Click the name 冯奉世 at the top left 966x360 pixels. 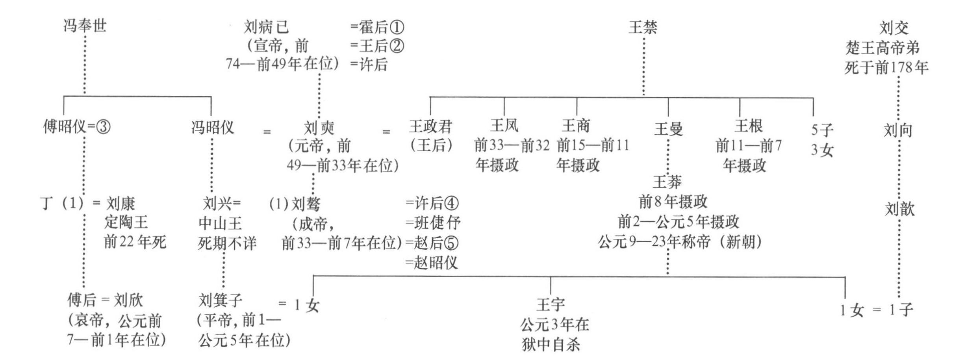pyautogui.click(x=85, y=26)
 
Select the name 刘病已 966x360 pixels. pyautogui.click(x=266, y=27)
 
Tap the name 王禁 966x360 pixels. pyautogui.click(x=643, y=28)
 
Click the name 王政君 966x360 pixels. pyautogui.click(x=430, y=127)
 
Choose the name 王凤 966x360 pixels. pyautogui.click(x=504, y=126)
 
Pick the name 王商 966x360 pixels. pyautogui.click(x=576, y=126)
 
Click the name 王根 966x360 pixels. pyautogui.click(x=749, y=126)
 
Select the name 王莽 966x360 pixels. pyautogui.click(x=667, y=182)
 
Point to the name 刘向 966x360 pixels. pyautogui.click(x=898, y=130)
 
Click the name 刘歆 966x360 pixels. pyautogui.click(x=899, y=209)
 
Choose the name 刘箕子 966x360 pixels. pyautogui.click(x=221, y=300)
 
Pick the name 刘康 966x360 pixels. pyautogui.click(x=121, y=204)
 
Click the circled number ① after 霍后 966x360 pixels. pyautogui.click(x=397, y=28)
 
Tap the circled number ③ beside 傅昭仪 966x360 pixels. pyautogui.click(x=103, y=127)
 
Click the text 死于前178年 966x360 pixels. pyautogui.click(x=886, y=68)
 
